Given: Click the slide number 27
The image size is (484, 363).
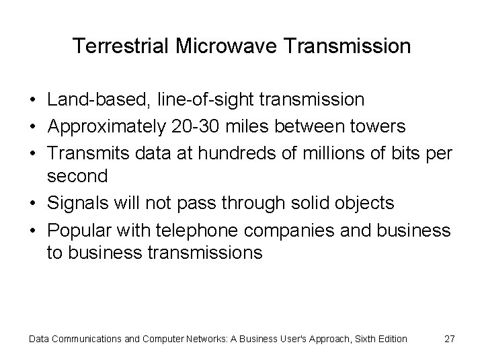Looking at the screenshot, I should (x=450, y=339).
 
